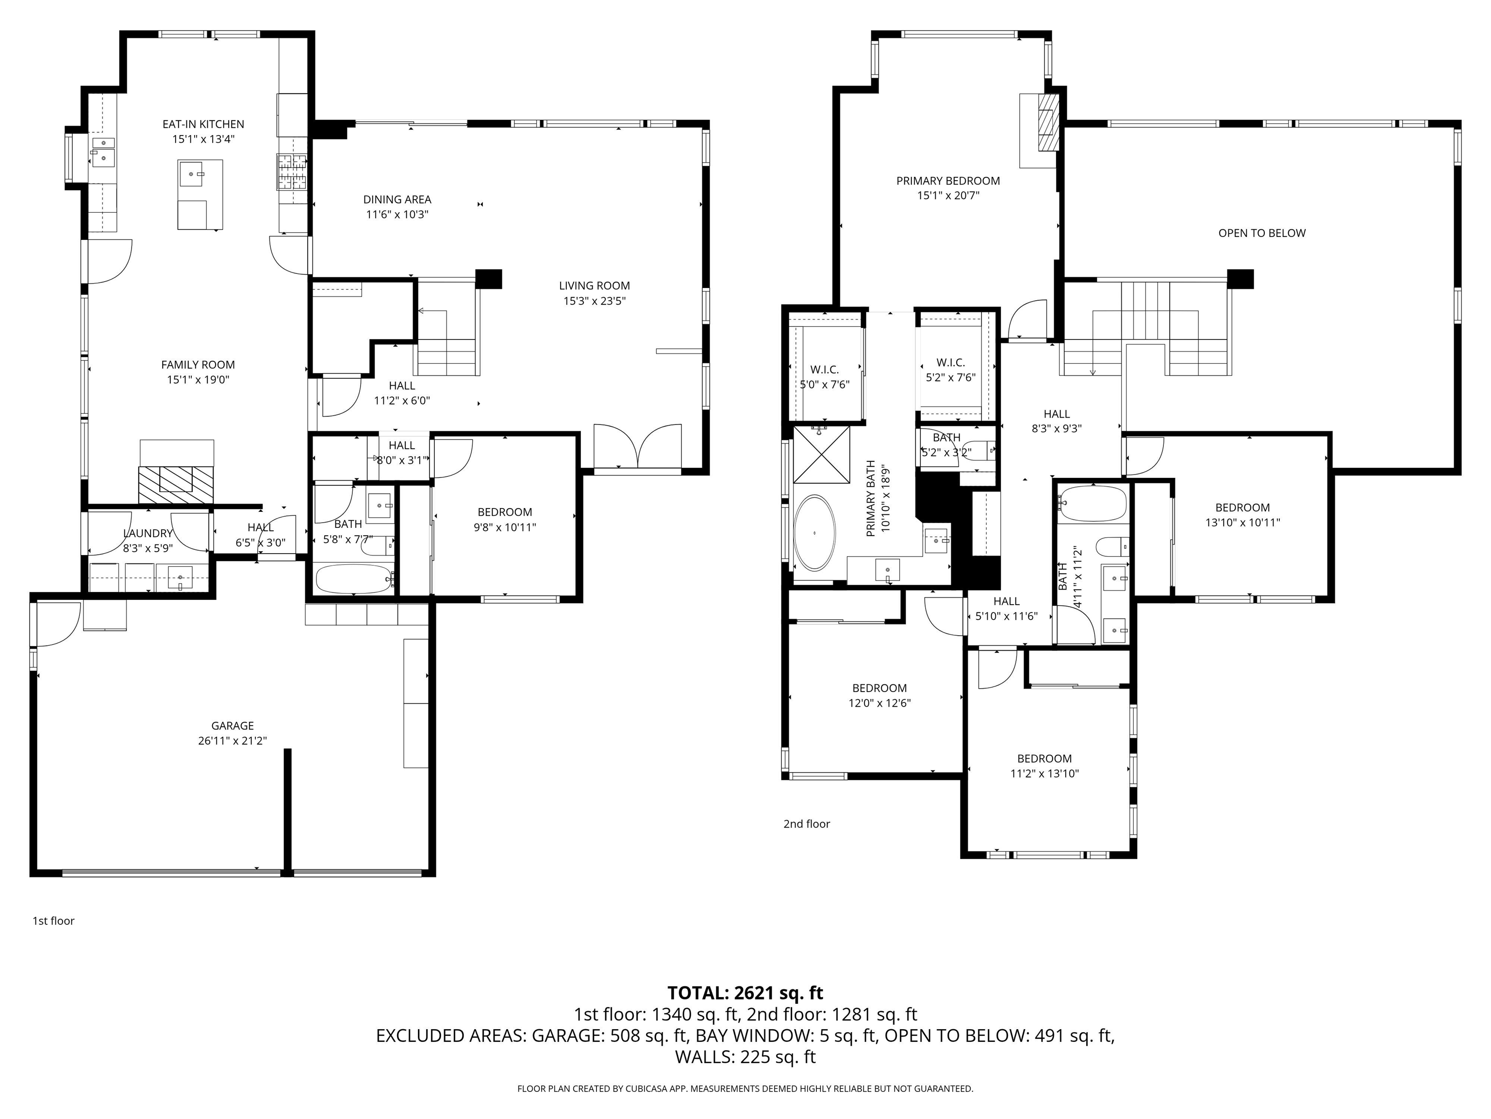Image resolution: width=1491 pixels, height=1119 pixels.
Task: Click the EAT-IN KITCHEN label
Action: pyautogui.click(x=203, y=124)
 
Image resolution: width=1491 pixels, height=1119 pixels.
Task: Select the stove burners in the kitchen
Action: pyautogui.click(x=292, y=171)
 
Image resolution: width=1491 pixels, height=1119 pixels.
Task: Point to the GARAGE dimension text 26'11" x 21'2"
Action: pyautogui.click(x=232, y=741)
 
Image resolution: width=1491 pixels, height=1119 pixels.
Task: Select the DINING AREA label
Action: pyautogui.click(x=397, y=200)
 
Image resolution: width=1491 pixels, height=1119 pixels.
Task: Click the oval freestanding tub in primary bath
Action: pyautogui.click(x=815, y=534)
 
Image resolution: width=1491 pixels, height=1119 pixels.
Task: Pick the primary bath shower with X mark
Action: pyautogui.click(x=822, y=455)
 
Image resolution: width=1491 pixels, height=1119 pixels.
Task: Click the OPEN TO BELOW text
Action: pyautogui.click(x=1262, y=234)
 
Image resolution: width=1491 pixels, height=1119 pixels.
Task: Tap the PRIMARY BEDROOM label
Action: pyautogui.click(x=948, y=181)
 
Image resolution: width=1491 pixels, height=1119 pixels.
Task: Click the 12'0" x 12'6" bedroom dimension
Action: pyautogui.click(x=879, y=703)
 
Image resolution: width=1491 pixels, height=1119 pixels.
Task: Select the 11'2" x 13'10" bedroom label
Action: pyautogui.click(x=1044, y=759)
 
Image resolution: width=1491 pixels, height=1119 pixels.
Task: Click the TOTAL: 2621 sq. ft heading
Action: pyautogui.click(x=745, y=993)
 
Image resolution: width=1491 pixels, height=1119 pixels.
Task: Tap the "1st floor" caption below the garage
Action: pyautogui.click(x=53, y=921)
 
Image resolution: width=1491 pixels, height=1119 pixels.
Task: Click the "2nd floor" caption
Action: pyautogui.click(x=806, y=824)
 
